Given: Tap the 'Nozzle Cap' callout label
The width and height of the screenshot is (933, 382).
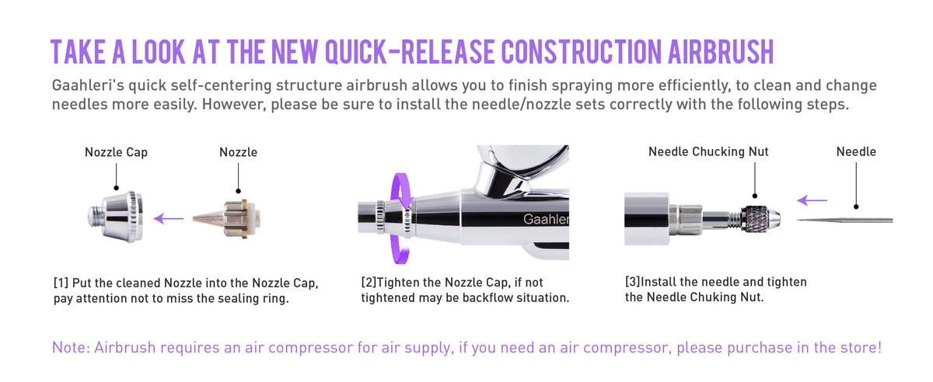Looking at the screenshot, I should coord(116,152).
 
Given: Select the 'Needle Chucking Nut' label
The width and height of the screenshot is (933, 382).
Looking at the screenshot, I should coord(708,152).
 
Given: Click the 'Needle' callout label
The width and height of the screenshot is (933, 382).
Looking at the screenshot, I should coord(856,152).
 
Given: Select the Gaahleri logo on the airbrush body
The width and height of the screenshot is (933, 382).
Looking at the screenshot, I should coord(546,221).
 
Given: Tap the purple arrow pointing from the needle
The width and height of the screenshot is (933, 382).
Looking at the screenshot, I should coord(812,200).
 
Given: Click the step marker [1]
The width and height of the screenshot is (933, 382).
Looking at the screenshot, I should coord(61,282).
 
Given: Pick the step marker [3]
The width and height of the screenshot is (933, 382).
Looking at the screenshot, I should coord(634,282).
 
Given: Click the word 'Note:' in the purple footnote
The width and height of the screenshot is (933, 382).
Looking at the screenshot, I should coord(71,347).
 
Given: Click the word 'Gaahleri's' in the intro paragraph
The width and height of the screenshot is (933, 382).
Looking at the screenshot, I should coord(85,85).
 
